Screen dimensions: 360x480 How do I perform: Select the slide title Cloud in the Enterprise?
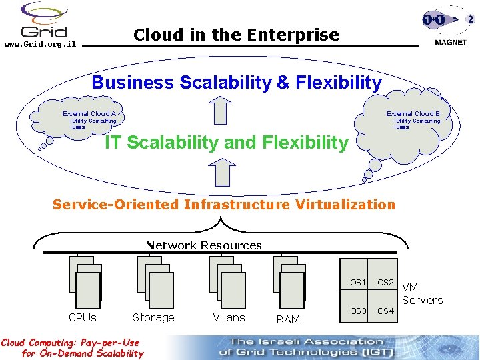pos(236,35)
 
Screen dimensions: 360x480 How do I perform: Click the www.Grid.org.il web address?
pos(40,45)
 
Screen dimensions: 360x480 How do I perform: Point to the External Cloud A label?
pos(89,114)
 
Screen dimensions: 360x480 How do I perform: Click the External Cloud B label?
pos(413,114)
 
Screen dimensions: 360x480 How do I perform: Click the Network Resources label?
pos(204,245)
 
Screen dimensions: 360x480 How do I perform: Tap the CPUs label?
pos(83,318)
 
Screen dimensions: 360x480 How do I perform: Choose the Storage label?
pos(153,318)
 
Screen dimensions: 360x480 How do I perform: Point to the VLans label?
pos(229,318)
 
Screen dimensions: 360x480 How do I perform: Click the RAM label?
pos(288,320)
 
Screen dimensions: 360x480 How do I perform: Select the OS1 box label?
pos(358,283)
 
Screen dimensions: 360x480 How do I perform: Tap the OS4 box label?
pos(386,311)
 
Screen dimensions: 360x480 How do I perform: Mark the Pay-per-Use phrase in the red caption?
pos(108,343)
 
